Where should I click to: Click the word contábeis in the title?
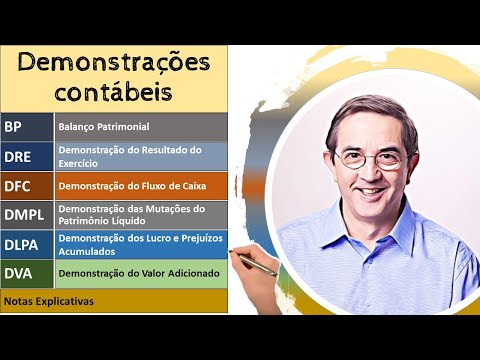click(114, 93)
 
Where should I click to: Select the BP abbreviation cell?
click(26, 126)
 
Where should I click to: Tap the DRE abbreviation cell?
click(26, 156)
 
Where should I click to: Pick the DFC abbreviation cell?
click(26, 186)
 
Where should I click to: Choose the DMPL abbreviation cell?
click(26, 215)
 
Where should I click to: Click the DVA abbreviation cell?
click(26, 273)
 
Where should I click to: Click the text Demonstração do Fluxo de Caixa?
click(125, 186)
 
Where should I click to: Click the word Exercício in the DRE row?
click(83, 163)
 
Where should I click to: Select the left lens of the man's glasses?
click(350, 157)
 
